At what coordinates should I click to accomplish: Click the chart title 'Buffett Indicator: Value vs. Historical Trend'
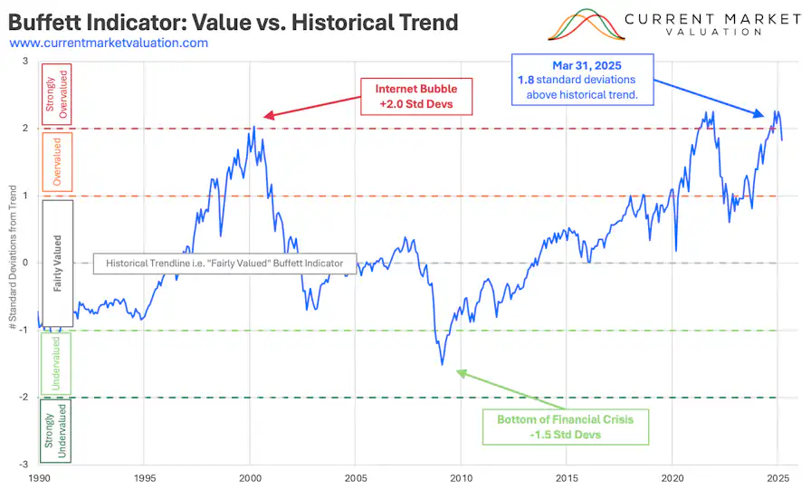(233, 21)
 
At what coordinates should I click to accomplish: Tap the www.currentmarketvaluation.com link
(109, 43)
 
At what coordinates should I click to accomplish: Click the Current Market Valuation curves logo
(586, 25)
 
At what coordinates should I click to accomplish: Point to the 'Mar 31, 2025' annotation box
(583, 79)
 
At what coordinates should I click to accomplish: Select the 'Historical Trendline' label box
(225, 263)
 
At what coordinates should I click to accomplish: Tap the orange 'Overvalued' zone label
(56, 161)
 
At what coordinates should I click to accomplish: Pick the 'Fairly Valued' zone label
(56, 263)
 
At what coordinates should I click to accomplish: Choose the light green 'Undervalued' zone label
(56, 364)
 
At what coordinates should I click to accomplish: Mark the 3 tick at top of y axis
(26, 62)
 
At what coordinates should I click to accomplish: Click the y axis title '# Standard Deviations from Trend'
(13, 263)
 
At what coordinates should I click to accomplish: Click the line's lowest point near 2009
(442, 364)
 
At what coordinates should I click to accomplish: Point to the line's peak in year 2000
(254, 127)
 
